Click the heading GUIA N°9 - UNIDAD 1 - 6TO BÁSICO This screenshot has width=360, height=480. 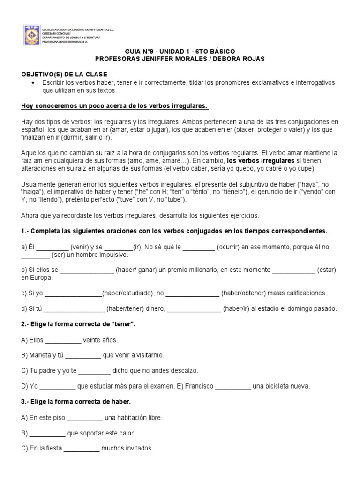[x=180, y=52]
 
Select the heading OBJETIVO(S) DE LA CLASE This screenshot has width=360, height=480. [x=65, y=75]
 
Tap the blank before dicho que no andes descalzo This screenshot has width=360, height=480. [x=95, y=371]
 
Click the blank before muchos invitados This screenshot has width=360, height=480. [x=81, y=449]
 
